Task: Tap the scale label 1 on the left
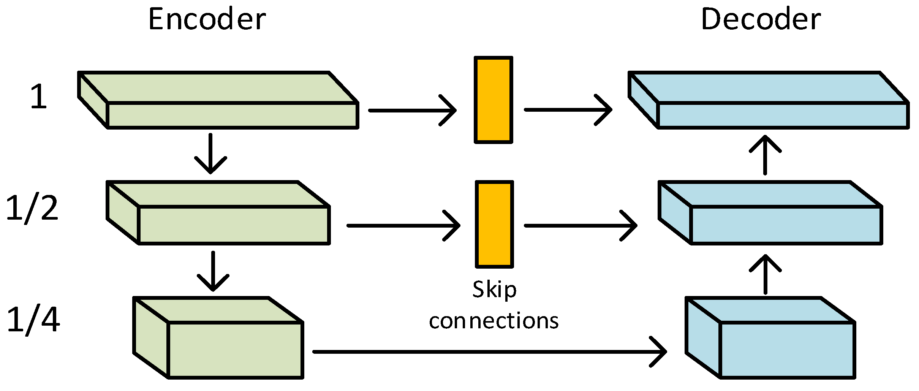[38, 97]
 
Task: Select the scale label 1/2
[32, 208]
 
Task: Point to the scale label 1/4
[33, 320]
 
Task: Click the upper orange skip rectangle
[494, 100]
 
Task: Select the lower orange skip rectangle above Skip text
[494, 224]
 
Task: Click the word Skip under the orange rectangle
[494, 290]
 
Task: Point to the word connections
[494, 321]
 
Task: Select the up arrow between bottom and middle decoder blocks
[765, 274]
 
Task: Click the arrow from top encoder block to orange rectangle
[412, 110]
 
